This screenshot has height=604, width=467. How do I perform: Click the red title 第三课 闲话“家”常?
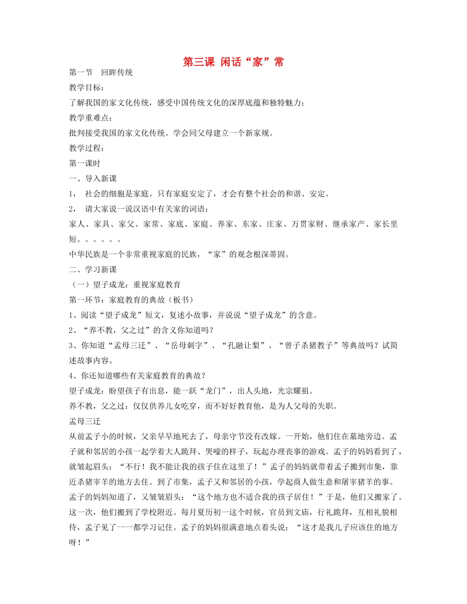click(x=233, y=62)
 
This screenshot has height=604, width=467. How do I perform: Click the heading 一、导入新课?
click(x=93, y=178)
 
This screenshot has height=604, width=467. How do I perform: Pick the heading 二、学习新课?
click(x=93, y=269)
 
